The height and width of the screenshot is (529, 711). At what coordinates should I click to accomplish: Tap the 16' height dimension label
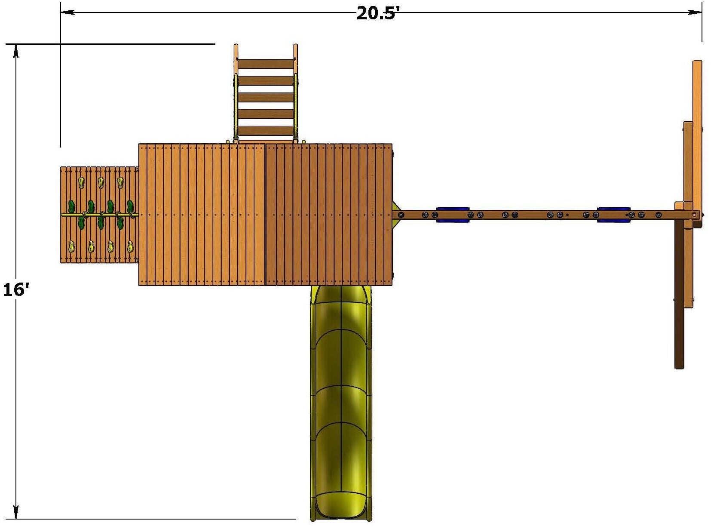(15, 290)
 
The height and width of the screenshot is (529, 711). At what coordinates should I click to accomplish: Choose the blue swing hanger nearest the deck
(452, 215)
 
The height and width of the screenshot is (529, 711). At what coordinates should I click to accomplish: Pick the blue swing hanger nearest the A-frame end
(613, 215)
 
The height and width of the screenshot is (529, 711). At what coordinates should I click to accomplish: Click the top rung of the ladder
(266, 64)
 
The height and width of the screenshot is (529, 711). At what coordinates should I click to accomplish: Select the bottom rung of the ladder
(266, 131)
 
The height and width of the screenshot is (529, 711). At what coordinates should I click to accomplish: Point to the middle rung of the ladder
(266, 98)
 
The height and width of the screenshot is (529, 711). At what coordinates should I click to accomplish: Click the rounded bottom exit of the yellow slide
(341, 507)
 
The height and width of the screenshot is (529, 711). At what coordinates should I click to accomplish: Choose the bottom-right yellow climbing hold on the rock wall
(130, 247)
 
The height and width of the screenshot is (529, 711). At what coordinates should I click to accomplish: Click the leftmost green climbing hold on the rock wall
(71, 206)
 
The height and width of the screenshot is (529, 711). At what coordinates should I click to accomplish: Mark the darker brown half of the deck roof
(329, 215)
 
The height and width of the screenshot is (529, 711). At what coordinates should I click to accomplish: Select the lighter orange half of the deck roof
(202, 215)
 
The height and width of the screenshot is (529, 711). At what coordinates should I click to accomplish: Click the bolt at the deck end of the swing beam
(401, 214)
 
